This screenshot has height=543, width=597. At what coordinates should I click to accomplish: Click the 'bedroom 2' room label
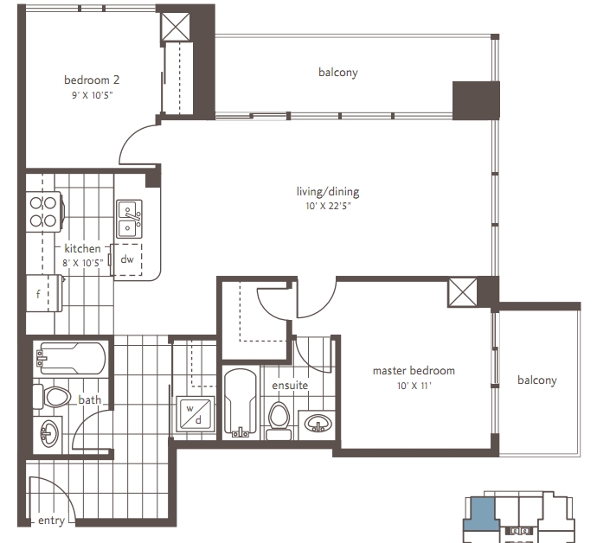pyautogui.click(x=92, y=80)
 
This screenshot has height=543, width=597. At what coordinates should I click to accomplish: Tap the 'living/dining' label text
pyautogui.click(x=328, y=191)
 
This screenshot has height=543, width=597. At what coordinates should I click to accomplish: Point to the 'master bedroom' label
pyautogui.click(x=414, y=371)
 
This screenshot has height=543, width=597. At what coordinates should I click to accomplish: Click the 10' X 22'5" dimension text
pyautogui.click(x=328, y=207)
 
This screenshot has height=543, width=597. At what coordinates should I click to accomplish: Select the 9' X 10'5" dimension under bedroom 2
pyautogui.click(x=93, y=95)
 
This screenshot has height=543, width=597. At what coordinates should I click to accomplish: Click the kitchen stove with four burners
pyautogui.click(x=44, y=212)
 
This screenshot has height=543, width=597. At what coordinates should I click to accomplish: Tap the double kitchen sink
pyautogui.click(x=129, y=219)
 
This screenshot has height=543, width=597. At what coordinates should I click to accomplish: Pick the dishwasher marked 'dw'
pyautogui.click(x=127, y=260)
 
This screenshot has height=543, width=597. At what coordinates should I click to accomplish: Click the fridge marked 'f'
pyautogui.click(x=44, y=293)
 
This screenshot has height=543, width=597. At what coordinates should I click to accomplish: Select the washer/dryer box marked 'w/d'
pyautogui.click(x=195, y=414)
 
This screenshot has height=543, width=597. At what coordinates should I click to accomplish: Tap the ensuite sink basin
pyautogui.click(x=318, y=423)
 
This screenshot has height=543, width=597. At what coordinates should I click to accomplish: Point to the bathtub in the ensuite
pyautogui.click(x=241, y=403)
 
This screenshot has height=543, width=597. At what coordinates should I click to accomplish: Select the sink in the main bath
pyautogui.click(x=48, y=434)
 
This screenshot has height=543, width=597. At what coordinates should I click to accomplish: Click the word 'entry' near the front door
pyautogui.click(x=51, y=521)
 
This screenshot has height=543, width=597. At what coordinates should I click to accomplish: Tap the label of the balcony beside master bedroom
pyautogui.click(x=536, y=380)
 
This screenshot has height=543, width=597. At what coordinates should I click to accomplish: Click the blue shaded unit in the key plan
pyautogui.click(x=480, y=514)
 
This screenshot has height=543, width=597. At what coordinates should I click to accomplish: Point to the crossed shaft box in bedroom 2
pyautogui.click(x=175, y=27)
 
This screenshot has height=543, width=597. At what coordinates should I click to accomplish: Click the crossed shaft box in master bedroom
pyautogui.click(x=462, y=292)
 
